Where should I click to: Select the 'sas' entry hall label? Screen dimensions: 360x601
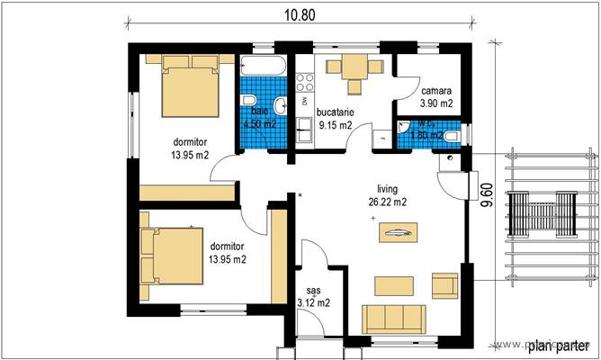[313, 291]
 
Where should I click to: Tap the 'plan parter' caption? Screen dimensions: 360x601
[559, 346]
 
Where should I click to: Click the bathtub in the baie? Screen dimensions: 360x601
[263, 67]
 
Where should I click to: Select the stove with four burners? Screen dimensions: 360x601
[304, 82]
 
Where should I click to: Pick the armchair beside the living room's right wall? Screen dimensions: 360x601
[444, 286]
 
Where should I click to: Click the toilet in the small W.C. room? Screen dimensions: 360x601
[456, 135]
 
